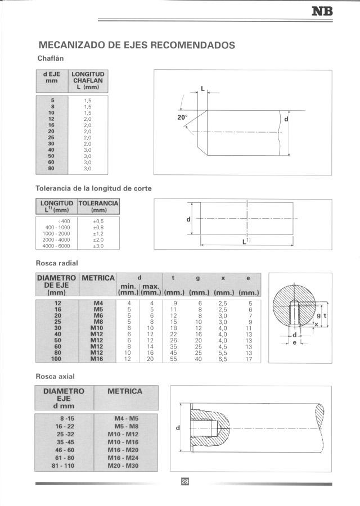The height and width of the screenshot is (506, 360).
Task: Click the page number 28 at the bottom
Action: (x=184, y=481)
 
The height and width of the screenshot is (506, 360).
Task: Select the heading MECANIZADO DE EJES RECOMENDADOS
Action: (x=136, y=45)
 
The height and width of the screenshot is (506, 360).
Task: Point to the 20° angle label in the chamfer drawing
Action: (x=181, y=118)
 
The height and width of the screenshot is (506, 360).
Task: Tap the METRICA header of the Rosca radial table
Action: (x=98, y=278)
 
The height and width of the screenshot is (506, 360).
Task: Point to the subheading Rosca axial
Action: (x=55, y=376)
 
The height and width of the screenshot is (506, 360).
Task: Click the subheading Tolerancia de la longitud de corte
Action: (x=93, y=188)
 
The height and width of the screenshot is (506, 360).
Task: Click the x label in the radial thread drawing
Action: (x=317, y=324)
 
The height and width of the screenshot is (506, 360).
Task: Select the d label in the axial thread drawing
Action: (x=178, y=428)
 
